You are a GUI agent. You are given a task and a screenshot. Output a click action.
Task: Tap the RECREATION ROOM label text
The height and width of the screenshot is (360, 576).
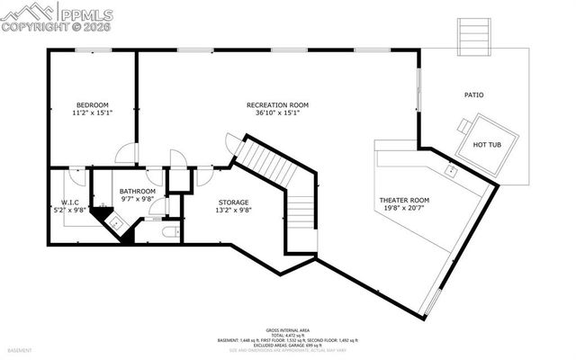click(278, 105)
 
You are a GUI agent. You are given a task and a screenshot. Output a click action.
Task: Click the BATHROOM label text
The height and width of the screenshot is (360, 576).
click(138, 192)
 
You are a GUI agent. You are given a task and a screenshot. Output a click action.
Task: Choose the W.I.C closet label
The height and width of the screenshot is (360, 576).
click(72, 202)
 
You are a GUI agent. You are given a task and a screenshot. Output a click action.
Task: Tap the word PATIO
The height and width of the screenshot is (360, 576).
click(473, 94)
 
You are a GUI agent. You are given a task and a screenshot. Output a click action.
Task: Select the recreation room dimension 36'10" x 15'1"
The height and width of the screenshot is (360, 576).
click(278, 114)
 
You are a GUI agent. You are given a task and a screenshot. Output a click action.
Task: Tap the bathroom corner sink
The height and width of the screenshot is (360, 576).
click(117, 220)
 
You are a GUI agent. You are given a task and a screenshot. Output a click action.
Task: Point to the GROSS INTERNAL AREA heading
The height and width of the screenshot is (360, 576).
click(287, 330)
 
